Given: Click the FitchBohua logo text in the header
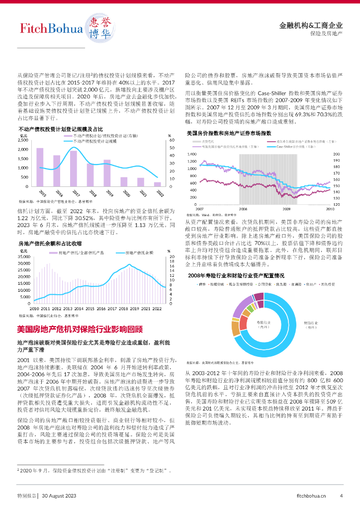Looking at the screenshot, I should pyautogui.click(x=48, y=29).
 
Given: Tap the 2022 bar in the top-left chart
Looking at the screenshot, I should pyautogui.click(x=158, y=184).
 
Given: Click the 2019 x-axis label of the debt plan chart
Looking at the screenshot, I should pyautogui.click(x=108, y=193).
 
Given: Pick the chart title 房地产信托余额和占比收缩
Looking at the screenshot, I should pyautogui.click(x=50, y=244).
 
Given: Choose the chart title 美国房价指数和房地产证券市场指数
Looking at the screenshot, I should pyautogui.click(x=229, y=133).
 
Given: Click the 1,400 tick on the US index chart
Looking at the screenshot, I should pyautogui.click(x=192, y=155).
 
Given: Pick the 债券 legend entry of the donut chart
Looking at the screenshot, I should pyautogui.click(x=202, y=284).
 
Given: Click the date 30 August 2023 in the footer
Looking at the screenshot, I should pyautogui.click(x=59, y=496).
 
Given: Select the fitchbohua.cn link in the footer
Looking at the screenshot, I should pyautogui.click(x=311, y=496).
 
